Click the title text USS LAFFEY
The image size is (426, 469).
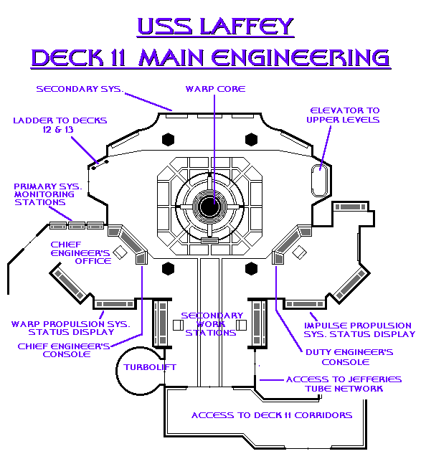pos(214,27)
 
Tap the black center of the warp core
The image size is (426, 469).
pos(209,207)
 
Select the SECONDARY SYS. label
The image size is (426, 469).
pos(80,89)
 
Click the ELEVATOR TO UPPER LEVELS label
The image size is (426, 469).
pos(344,115)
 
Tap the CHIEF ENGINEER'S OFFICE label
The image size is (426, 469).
pos(80,252)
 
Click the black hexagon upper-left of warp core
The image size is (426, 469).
pos(168,139)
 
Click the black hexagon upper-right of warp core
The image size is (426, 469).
pos(251,139)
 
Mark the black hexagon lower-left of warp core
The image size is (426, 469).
pos(168,268)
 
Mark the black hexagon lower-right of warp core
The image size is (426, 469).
pos(251,268)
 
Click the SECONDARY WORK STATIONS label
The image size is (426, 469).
pos(212,324)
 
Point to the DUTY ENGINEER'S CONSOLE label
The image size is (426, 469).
pos(349,357)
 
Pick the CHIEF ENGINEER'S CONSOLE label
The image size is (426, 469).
pos(64,350)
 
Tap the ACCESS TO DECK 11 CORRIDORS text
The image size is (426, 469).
pos(272,415)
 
